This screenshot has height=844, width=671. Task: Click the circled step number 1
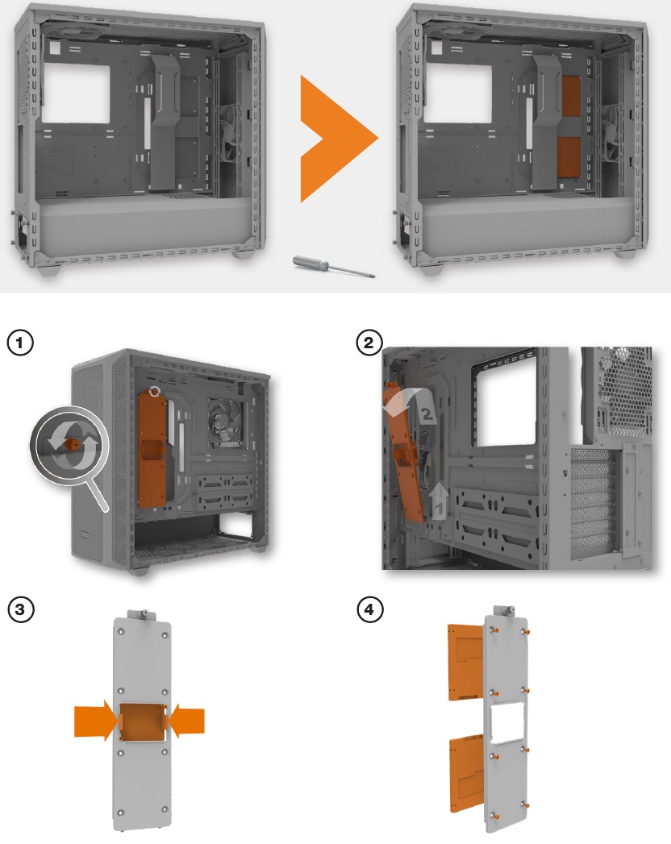click(20, 343)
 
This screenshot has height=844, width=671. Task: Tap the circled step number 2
click(369, 343)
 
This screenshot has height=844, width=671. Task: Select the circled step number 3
click(20, 609)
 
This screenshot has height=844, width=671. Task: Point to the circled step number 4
click(369, 609)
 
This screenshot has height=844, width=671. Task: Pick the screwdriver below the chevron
click(333, 267)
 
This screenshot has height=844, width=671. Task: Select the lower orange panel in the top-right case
click(568, 156)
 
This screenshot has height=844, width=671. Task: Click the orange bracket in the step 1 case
click(152, 449)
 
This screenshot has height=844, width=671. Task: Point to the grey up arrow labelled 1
click(440, 501)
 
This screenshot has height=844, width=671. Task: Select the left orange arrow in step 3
click(96, 721)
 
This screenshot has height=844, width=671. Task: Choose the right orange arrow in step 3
click(186, 721)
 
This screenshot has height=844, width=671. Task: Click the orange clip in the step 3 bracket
click(143, 722)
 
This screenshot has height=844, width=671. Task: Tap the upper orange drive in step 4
click(465, 662)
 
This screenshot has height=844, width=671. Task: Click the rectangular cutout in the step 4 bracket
click(508, 722)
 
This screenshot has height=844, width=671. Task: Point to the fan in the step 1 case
click(227, 423)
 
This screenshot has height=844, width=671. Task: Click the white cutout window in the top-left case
click(76, 94)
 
